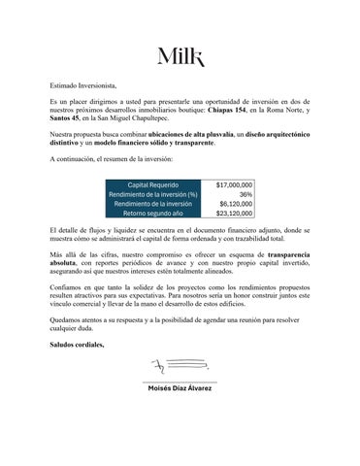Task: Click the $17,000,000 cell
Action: tap(234, 183)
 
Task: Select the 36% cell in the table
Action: tap(245, 193)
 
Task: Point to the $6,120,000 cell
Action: tap(236, 203)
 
